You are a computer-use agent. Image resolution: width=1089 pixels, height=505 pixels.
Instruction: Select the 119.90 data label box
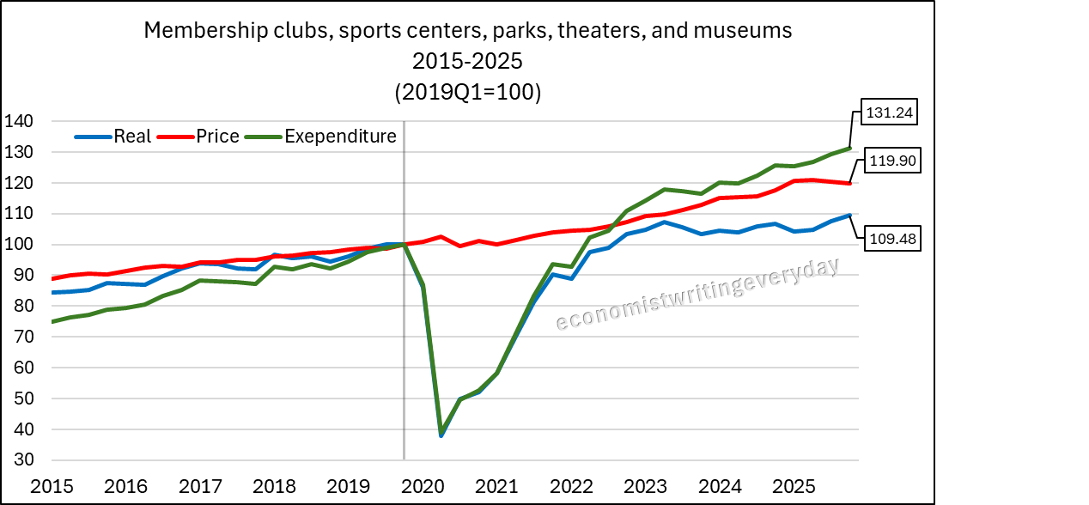pyautogui.click(x=891, y=160)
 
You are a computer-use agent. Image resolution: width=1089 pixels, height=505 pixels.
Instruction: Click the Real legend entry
pyautogui.click(x=132, y=137)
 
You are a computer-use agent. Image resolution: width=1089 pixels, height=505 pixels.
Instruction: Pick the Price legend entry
pyautogui.click(x=217, y=137)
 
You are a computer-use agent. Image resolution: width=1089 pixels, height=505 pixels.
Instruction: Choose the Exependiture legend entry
pyautogui.click(x=340, y=137)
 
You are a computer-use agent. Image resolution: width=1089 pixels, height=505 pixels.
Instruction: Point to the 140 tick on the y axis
pyautogui.click(x=18, y=122)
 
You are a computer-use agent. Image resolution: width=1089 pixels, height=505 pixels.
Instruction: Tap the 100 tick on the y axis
pyautogui.click(x=18, y=245)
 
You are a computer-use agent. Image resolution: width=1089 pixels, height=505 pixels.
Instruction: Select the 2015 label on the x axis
pyautogui.click(x=48, y=486)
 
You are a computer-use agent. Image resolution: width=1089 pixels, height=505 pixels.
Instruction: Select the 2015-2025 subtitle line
pyautogui.click(x=467, y=63)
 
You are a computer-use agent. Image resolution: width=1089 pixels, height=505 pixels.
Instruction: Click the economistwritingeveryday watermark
pyautogui.click(x=697, y=295)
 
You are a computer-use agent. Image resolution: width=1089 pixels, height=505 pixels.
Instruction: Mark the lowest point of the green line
pyautogui.click(x=441, y=433)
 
